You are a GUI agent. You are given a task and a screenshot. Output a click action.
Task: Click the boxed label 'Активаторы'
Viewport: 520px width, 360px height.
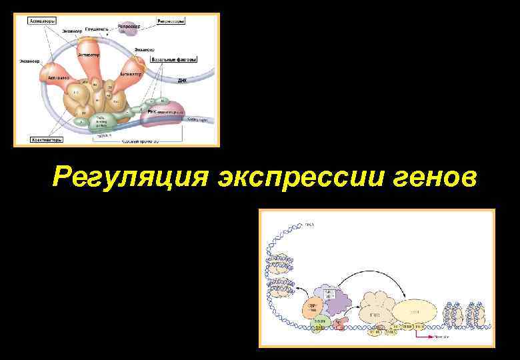42,21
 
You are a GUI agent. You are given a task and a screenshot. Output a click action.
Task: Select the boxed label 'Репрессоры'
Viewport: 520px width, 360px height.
171,21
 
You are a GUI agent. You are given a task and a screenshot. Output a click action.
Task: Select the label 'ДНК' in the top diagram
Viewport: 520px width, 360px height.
182,79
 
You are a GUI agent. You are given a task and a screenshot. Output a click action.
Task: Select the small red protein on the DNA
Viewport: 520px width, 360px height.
339,325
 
